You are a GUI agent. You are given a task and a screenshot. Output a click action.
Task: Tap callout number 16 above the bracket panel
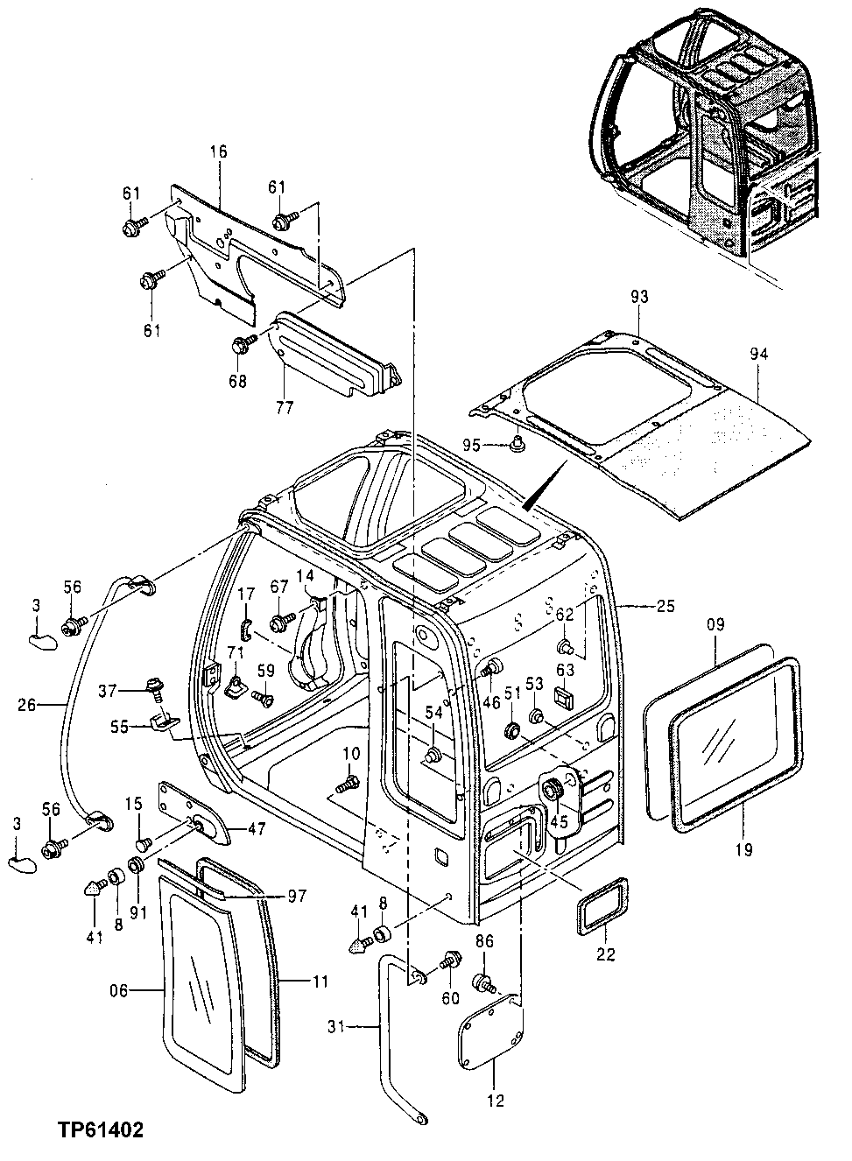(217, 152)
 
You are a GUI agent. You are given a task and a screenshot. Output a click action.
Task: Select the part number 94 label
(758, 354)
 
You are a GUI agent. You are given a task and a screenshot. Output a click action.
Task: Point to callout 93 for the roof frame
(639, 298)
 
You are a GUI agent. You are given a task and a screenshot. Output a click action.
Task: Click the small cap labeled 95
(517, 445)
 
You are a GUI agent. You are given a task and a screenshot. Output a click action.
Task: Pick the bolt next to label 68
(241, 344)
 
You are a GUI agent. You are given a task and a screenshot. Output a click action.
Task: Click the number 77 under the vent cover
(285, 406)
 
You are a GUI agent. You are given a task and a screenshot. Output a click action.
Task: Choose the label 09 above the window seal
(715, 626)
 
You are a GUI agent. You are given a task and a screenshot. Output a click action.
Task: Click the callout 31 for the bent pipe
(336, 1026)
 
